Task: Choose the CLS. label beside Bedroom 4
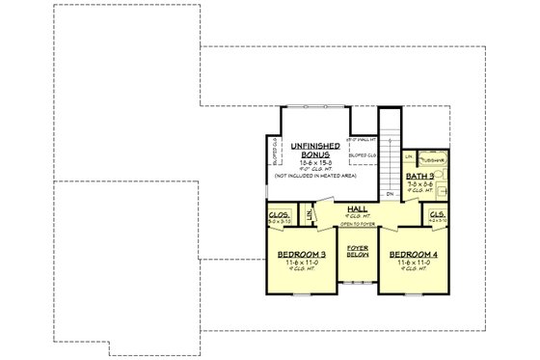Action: (x=436, y=216)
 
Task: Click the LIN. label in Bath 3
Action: (x=409, y=156)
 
